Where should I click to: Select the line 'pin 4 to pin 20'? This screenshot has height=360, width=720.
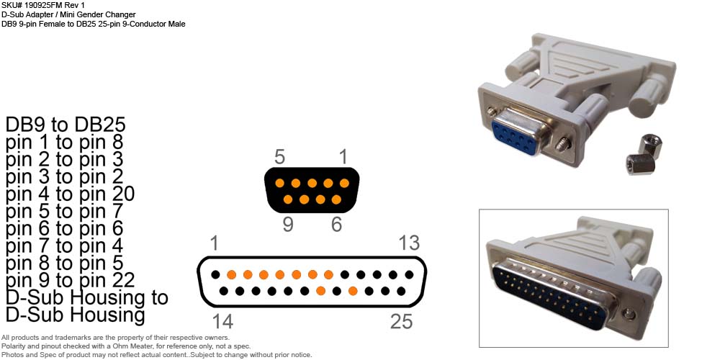[71, 194]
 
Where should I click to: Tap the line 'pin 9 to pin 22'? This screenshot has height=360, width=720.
[71, 281]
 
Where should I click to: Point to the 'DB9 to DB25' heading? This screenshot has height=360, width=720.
[66, 125]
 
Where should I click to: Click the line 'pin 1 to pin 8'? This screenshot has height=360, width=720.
[64, 143]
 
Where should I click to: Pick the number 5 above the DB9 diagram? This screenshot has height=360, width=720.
[279, 157]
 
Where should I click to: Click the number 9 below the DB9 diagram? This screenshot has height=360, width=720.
[288, 225]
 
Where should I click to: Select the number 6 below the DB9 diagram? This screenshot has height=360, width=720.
[336, 225]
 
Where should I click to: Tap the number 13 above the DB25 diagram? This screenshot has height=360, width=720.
[409, 243]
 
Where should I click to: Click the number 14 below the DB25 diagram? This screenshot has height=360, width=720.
[222, 321]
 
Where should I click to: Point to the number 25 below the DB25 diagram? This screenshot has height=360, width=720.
[401, 321]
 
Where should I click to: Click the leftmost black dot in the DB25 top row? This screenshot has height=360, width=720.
[215, 274]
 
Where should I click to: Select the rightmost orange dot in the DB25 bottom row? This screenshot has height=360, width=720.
[353, 291]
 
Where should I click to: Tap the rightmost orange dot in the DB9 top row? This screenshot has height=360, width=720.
[344, 183]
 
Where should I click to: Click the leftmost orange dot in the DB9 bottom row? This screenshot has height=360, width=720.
[288, 199]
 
